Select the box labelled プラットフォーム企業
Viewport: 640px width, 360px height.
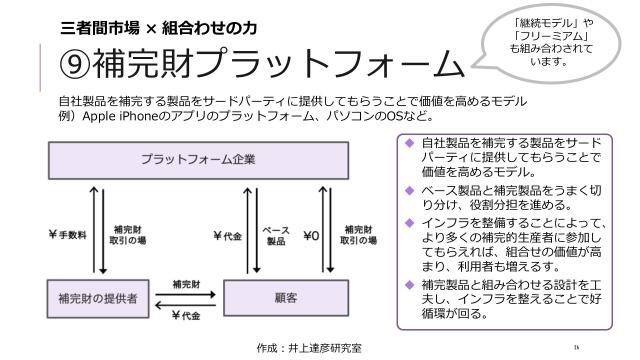tap(198, 159)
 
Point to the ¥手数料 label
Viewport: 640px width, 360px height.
tap(68, 236)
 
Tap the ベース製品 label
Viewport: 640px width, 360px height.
tap(275, 236)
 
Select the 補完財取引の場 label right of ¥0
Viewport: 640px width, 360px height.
tap(358, 236)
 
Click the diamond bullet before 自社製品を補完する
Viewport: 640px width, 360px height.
tap(409, 142)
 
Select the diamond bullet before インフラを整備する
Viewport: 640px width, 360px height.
tap(409, 221)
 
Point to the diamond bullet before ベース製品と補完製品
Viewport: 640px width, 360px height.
tap(409, 189)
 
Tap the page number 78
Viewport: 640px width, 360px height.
tap(577, 347)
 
